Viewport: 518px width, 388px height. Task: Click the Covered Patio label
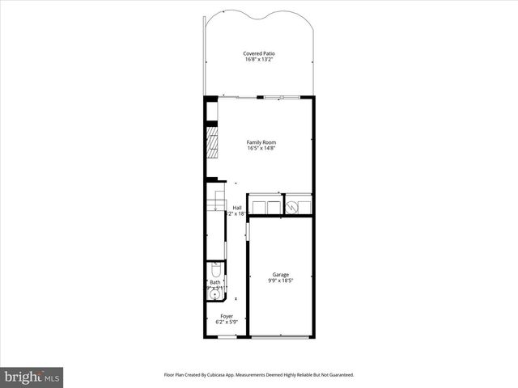point(259,53)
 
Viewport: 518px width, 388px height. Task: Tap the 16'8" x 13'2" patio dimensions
point(259,60)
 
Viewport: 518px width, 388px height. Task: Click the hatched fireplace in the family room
point(211,142)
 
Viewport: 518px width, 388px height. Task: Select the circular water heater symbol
point(295,207)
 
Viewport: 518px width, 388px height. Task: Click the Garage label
point(280,274)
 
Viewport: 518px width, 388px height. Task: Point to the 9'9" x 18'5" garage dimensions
point(280,280)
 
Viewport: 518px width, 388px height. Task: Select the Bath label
point(215,282)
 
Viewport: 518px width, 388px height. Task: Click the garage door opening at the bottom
point(280,336)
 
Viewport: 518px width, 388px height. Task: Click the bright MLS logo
point(32,377)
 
